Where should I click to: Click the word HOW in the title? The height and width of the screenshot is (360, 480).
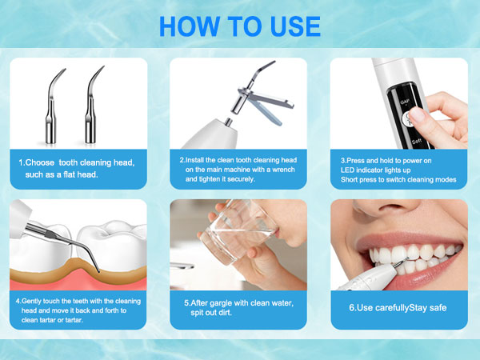coord(190,26)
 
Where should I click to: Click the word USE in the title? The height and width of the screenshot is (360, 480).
coord(295,26)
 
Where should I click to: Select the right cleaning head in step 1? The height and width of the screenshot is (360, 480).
coord(93,105)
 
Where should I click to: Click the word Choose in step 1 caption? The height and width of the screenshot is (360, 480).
coord(40,162)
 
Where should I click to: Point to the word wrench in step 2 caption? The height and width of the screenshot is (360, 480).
coord(284,170)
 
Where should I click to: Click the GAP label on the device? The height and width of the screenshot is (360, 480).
coord(405,102)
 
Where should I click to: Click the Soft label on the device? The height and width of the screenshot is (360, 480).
coord(417,141)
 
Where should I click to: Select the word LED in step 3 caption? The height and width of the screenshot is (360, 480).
coord(347,170)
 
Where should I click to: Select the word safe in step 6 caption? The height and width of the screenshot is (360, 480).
coord(438,308)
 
